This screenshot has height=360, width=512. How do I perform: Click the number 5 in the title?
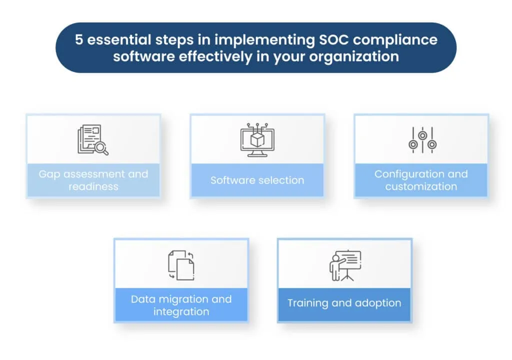point(79,40)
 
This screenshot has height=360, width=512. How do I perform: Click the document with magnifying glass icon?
point(92,139)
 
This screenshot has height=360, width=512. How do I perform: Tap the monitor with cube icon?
point(257,139)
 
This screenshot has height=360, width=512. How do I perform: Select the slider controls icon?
point(422,140)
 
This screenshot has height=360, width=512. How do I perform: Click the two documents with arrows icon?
point(181,265)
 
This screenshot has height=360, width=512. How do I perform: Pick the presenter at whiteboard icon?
point(344,265)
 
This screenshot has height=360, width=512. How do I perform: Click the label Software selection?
point(257,180)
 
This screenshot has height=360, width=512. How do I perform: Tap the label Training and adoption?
point(344,303)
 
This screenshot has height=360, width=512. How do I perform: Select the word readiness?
point(93,186)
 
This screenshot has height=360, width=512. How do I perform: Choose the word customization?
point(421,186)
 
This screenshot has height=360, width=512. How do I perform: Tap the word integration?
point(181,311)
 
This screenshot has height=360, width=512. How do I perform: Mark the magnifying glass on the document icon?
point(102,147)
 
